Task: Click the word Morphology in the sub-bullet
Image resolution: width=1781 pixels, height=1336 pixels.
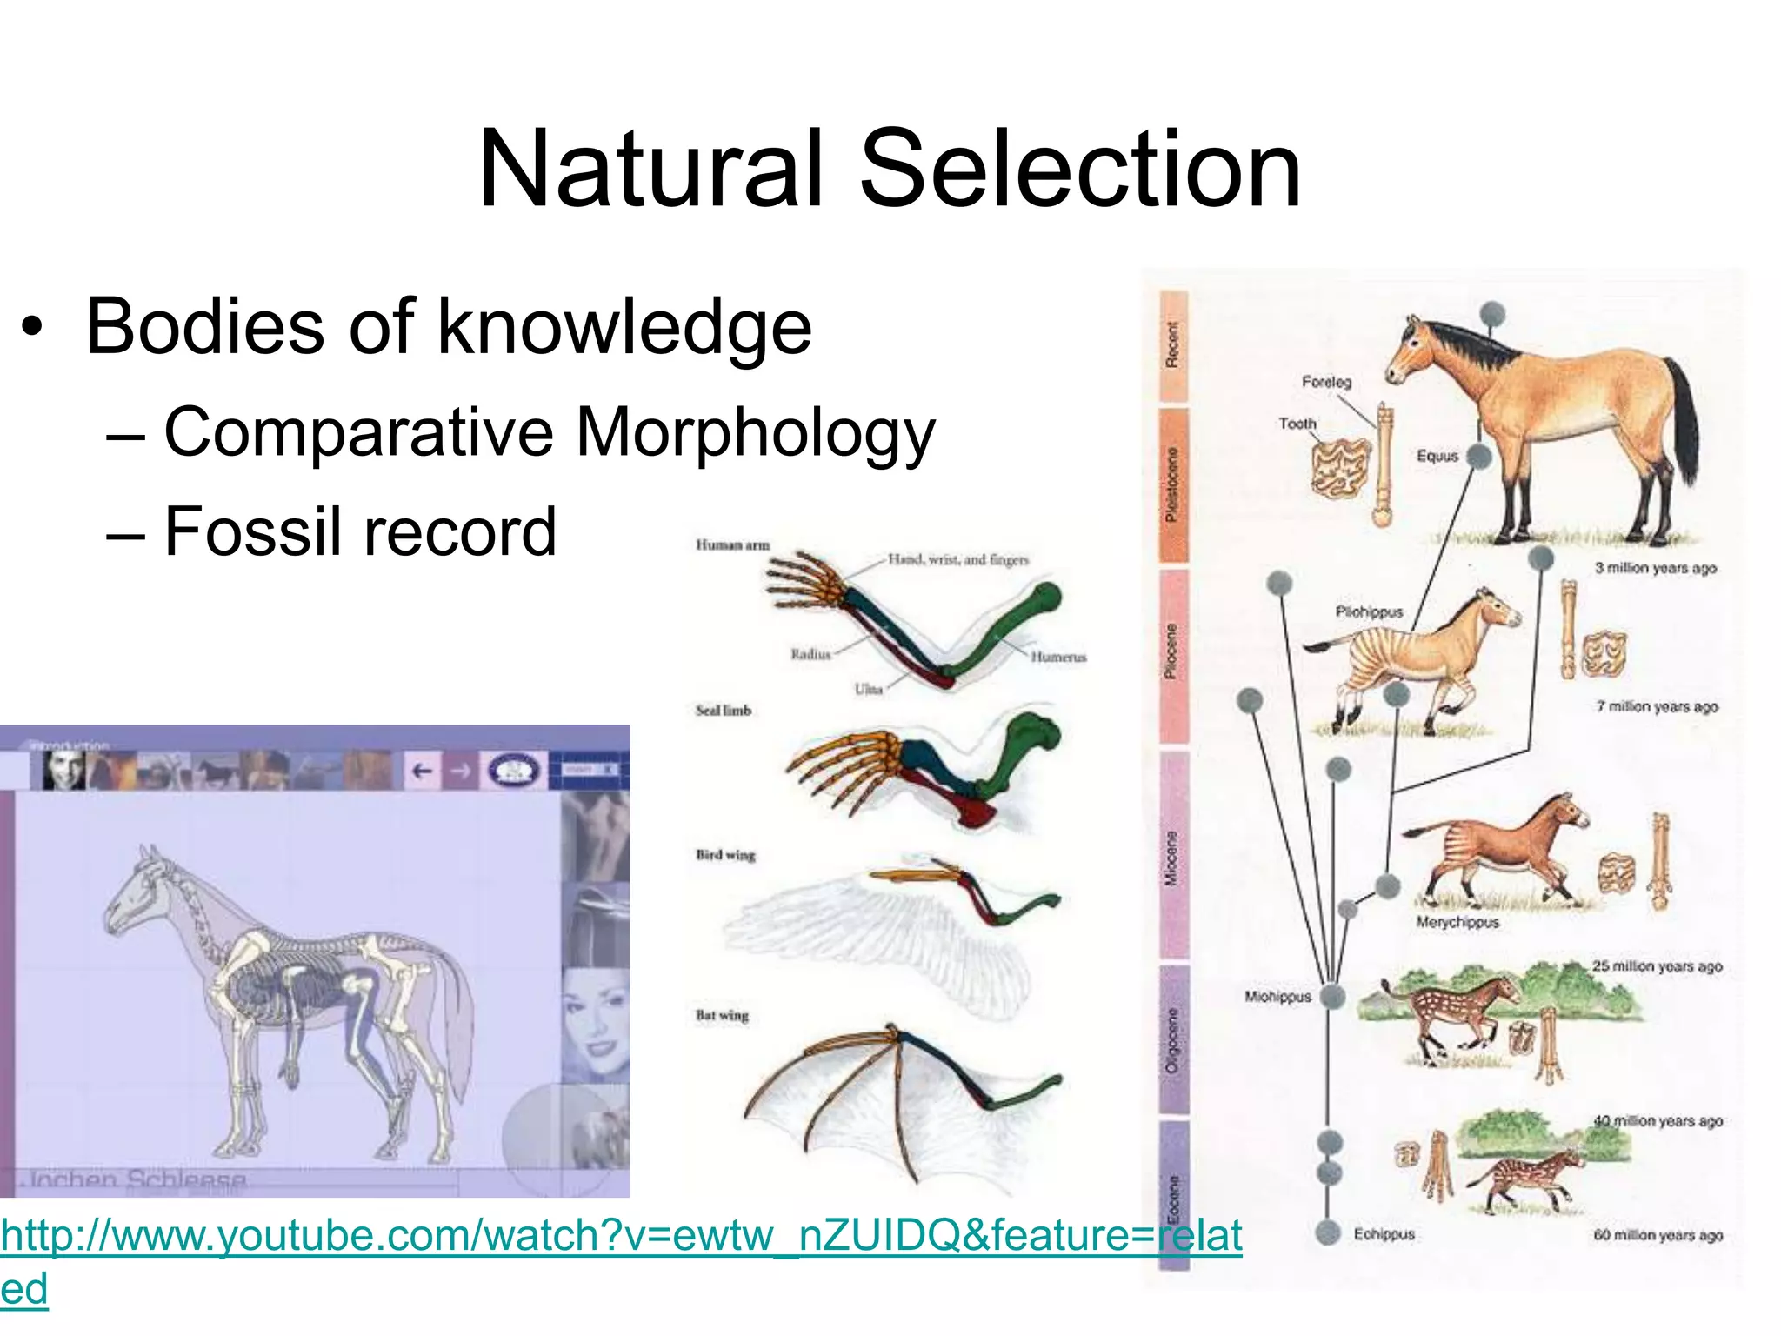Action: coord(755,432)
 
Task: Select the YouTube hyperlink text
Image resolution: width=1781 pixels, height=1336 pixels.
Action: coord(621,1236)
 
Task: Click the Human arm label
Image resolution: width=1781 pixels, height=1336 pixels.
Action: coord(732,545)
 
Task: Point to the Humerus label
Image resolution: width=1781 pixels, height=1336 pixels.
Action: coord(1058,657)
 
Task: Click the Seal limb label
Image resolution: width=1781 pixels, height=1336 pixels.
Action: coord(723,711)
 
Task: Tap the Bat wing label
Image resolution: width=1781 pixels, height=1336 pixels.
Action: coord(722,1015)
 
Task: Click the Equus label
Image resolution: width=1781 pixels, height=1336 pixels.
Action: coord(1437,456)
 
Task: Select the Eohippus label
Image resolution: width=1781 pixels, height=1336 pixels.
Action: coord(1384,1234)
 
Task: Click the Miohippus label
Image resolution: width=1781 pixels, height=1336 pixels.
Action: coord(1277,997)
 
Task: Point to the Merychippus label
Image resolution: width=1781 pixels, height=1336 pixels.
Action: coord(1457,922)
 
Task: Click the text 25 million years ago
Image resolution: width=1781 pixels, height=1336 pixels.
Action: coord(1657,966)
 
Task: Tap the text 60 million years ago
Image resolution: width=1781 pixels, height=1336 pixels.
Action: coord(1658,1235)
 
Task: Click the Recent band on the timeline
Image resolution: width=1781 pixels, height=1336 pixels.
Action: coord(1173,345)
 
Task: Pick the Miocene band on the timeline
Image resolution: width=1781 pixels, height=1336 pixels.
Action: coord(1173,857)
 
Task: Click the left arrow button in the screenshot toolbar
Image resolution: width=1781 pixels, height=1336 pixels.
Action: coord(422,771)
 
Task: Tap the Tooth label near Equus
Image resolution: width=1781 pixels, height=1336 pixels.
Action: coord(1297,424)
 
